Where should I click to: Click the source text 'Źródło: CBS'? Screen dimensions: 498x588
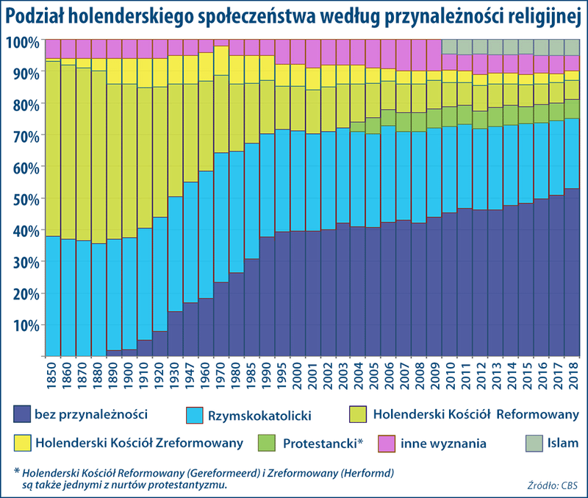tap(551, 485)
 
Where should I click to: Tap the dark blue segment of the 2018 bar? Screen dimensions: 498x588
tap(571, 272)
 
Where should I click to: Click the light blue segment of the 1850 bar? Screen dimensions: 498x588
tap(53, 294)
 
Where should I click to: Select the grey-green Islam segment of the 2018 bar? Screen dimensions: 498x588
tap(571, 47)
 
